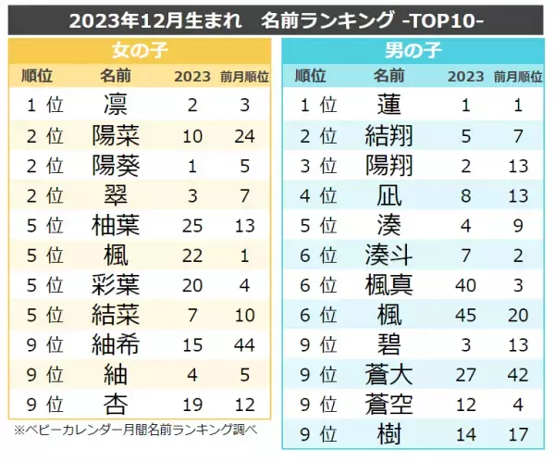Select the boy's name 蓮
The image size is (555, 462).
pyautogui.click(x=389, y=105)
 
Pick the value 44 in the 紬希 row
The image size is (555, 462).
pyautogui.click(x=246, y=344)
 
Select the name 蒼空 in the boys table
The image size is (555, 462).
pyautogui.click(x=389, y=404)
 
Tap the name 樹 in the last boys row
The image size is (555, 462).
pyautogui.click(x=389, y=433)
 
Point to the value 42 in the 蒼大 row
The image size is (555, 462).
pyautogui.click(x=518, y=374)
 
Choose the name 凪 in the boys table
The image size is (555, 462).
pyautogui.click(x=389, y=195)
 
